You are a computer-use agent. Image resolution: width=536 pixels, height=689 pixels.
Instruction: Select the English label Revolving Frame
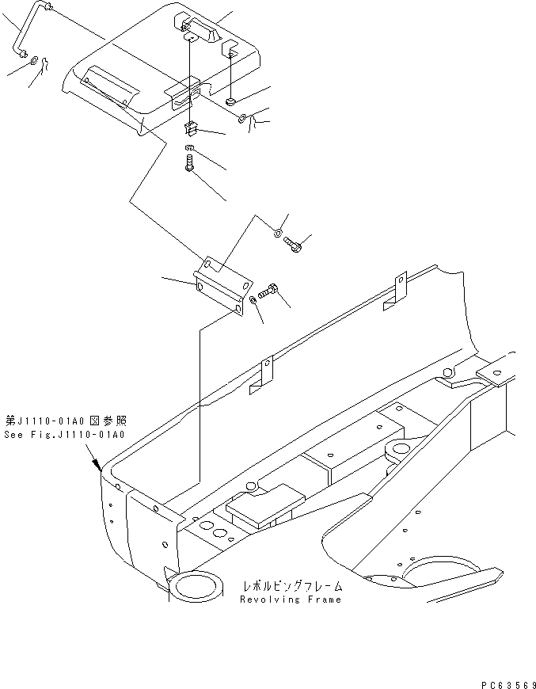291,599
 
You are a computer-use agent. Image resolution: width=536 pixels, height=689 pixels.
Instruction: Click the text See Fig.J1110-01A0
65,435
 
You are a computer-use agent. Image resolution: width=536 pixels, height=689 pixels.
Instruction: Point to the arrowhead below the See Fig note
97,465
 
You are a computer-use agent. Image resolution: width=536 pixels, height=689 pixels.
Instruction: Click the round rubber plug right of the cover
230,101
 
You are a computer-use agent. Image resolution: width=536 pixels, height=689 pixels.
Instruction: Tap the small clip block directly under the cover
190,128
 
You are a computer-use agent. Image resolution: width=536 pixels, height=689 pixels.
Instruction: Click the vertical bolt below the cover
188,165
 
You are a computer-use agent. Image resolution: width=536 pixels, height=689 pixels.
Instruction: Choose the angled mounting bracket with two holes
221,283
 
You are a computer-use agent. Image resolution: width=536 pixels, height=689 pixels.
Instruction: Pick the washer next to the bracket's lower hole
251,301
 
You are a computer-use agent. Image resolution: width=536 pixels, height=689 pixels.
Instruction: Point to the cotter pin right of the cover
252,121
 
